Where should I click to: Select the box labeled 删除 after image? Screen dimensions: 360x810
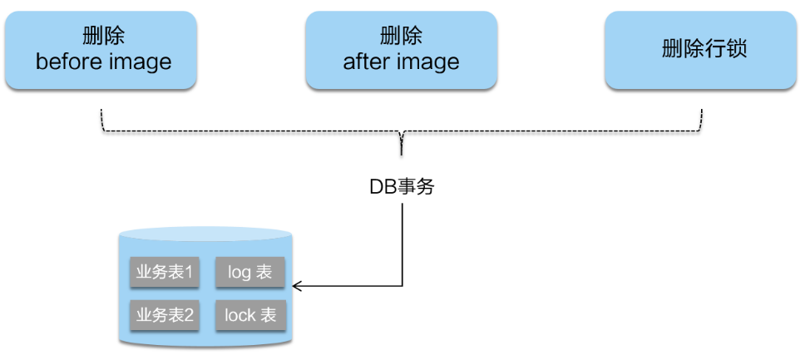(401, 49)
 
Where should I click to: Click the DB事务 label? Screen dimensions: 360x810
(402, 187)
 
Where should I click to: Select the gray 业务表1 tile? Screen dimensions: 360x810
(165, 273)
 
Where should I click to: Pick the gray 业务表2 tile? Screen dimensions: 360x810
(165, 315)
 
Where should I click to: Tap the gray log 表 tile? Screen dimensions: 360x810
(249, 273)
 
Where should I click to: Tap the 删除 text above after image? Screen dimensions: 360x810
(401, 37)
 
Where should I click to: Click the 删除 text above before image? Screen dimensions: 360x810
(104, 37)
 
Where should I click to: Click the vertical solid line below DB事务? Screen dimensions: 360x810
(403, 241)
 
